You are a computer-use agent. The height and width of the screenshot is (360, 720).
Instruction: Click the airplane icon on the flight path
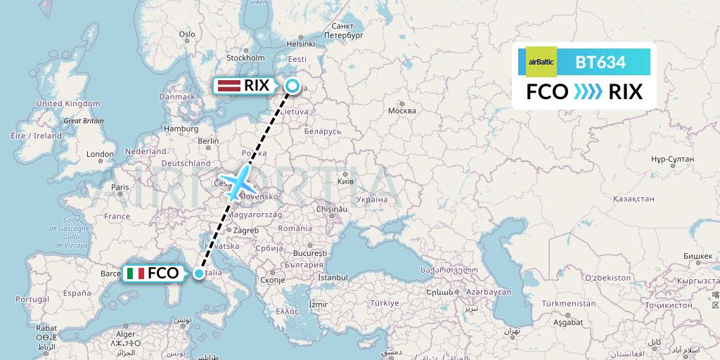tap(239, 181)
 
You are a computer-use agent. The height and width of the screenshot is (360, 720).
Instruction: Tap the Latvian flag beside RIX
tap(228, 86)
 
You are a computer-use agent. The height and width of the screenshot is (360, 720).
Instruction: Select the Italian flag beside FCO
tap(136, 274)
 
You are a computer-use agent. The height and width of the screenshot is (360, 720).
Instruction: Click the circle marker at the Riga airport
tap(292, 86)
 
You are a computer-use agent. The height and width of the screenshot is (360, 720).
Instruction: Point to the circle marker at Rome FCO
tap(200, 274)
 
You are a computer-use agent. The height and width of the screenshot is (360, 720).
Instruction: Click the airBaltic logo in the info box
tap(541, 61)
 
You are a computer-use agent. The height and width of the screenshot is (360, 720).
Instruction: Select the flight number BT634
tap(600, 62)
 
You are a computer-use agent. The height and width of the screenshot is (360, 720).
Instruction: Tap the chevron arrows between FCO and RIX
tap(588, 92)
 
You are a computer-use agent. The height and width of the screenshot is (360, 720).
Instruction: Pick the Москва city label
tap(402, 110)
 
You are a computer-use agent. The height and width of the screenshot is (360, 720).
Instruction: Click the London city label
tap(101, 154)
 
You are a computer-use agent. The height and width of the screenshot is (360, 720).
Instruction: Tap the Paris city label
tap(120, 187)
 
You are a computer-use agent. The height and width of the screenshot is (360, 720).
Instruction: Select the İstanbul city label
tap(333, 278)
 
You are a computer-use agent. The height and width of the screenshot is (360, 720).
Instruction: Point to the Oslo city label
tap(186, 34)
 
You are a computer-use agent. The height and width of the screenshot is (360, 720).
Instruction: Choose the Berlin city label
tap(209, 141)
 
